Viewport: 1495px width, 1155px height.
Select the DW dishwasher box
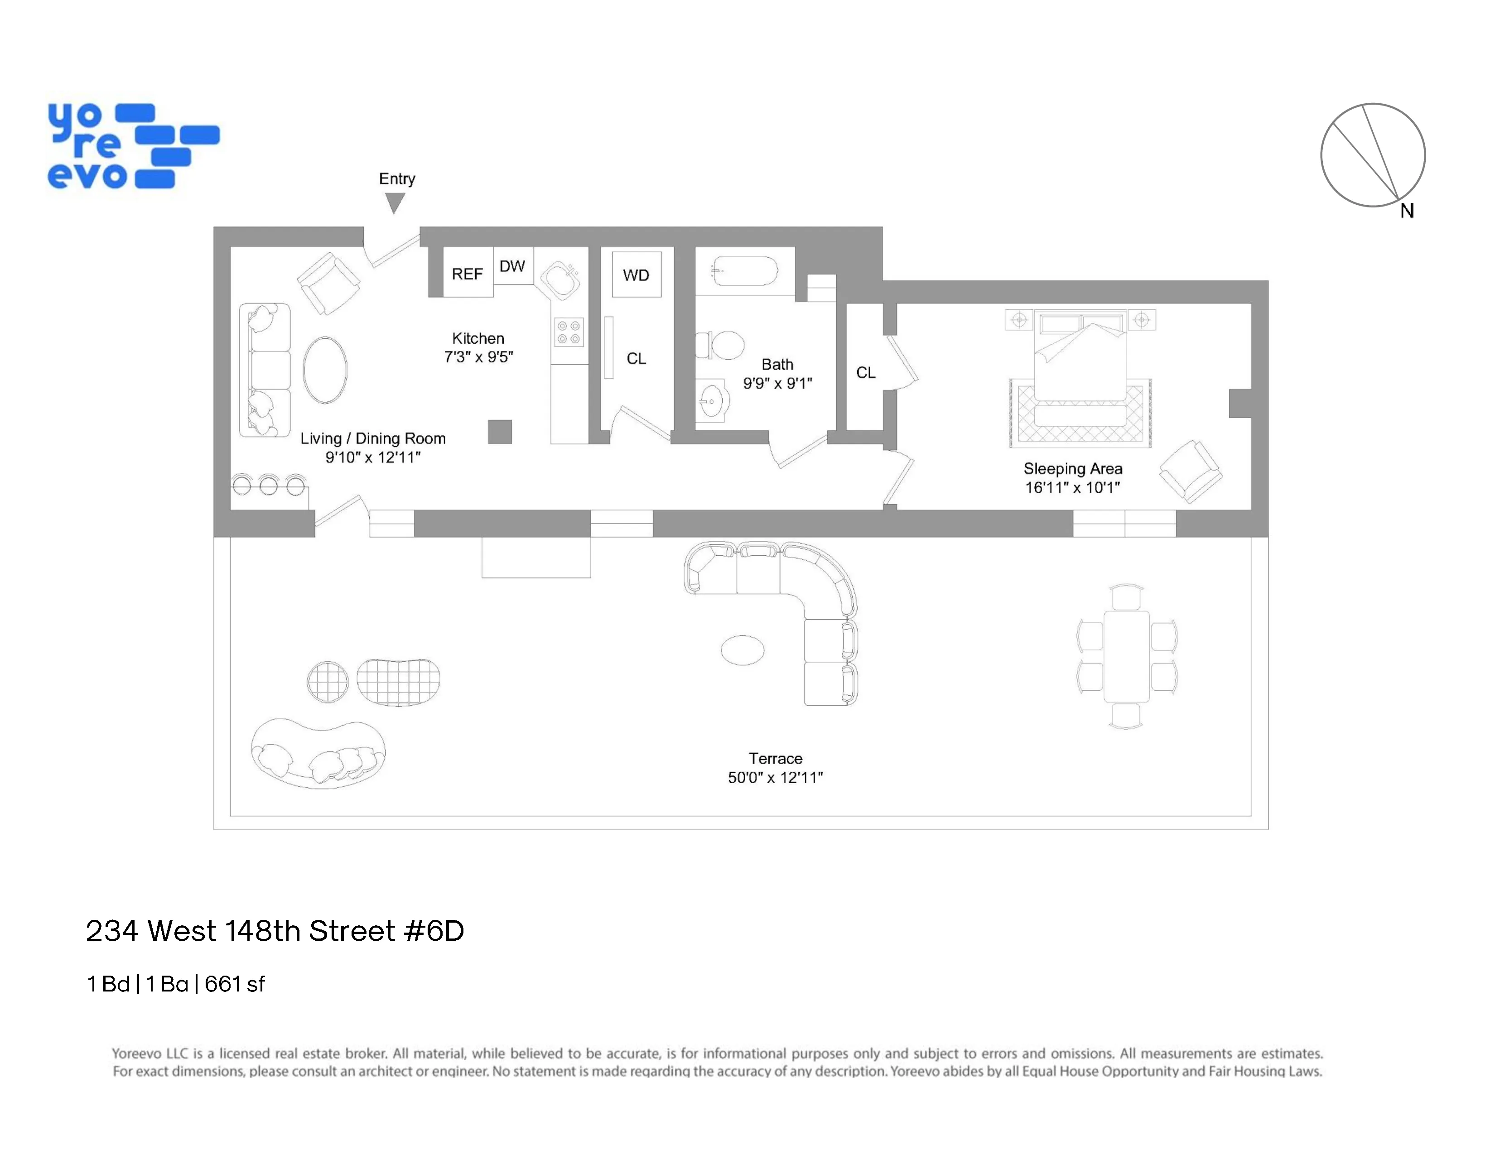512,266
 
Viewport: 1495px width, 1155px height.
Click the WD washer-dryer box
636,274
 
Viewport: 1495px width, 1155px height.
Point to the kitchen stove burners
568,332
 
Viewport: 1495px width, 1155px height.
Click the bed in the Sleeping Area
1080,359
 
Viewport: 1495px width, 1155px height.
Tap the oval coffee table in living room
325,370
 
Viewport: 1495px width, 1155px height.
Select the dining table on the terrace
1126,656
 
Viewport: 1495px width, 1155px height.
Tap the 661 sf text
234,984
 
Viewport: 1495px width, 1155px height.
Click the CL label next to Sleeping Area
865,372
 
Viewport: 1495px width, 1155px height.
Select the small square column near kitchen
500,432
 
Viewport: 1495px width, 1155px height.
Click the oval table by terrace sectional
742,650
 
